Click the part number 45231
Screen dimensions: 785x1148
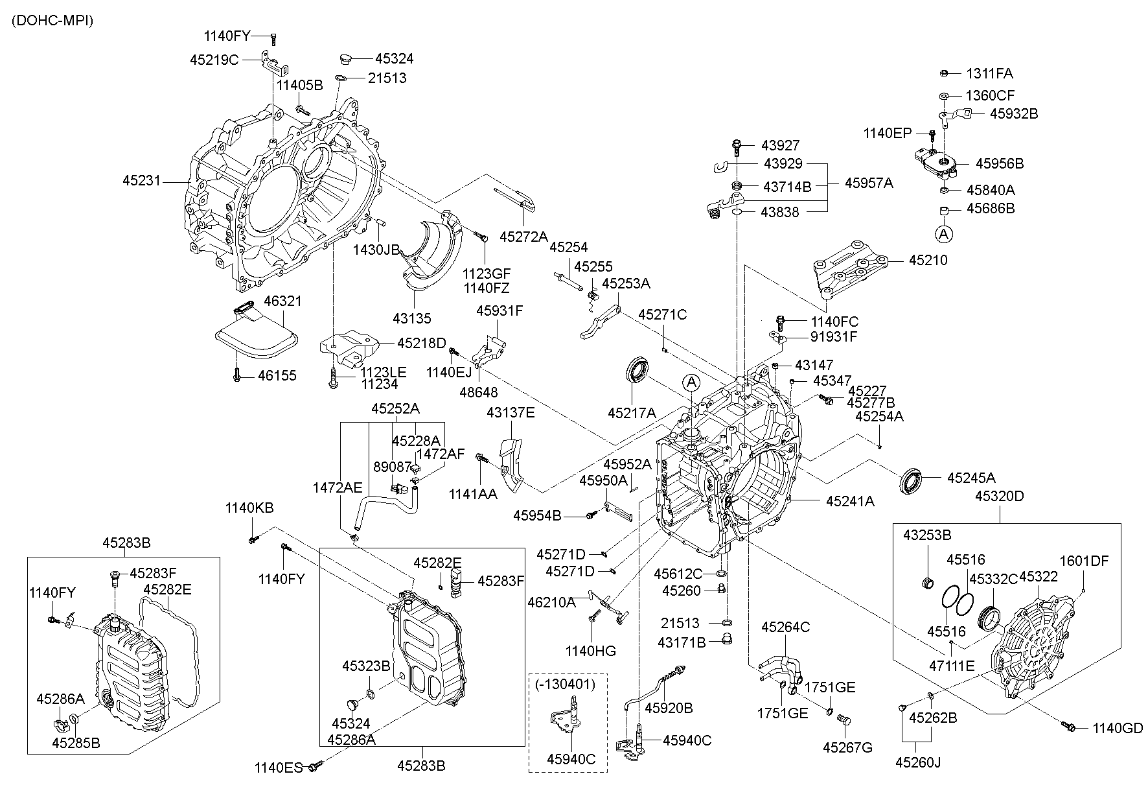tap(141, 181)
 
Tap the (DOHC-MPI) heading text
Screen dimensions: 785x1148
tap(52, 21)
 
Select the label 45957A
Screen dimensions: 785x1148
tap(868, 183)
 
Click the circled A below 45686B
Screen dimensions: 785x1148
tap(944, 233)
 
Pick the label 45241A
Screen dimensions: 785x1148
tap(850, 500)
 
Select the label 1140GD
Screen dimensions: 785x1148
tap(1118, 728)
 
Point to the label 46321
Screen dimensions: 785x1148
tap(282, 301)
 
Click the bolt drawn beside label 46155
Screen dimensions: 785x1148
tap(237, 375)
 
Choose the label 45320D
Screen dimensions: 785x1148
tap(999, 497)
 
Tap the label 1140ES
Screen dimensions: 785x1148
tap(279, 768)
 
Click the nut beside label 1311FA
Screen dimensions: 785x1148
tap(944, 73)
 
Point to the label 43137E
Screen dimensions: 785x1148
tap(511, 412)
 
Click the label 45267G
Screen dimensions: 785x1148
tap(847, 747)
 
